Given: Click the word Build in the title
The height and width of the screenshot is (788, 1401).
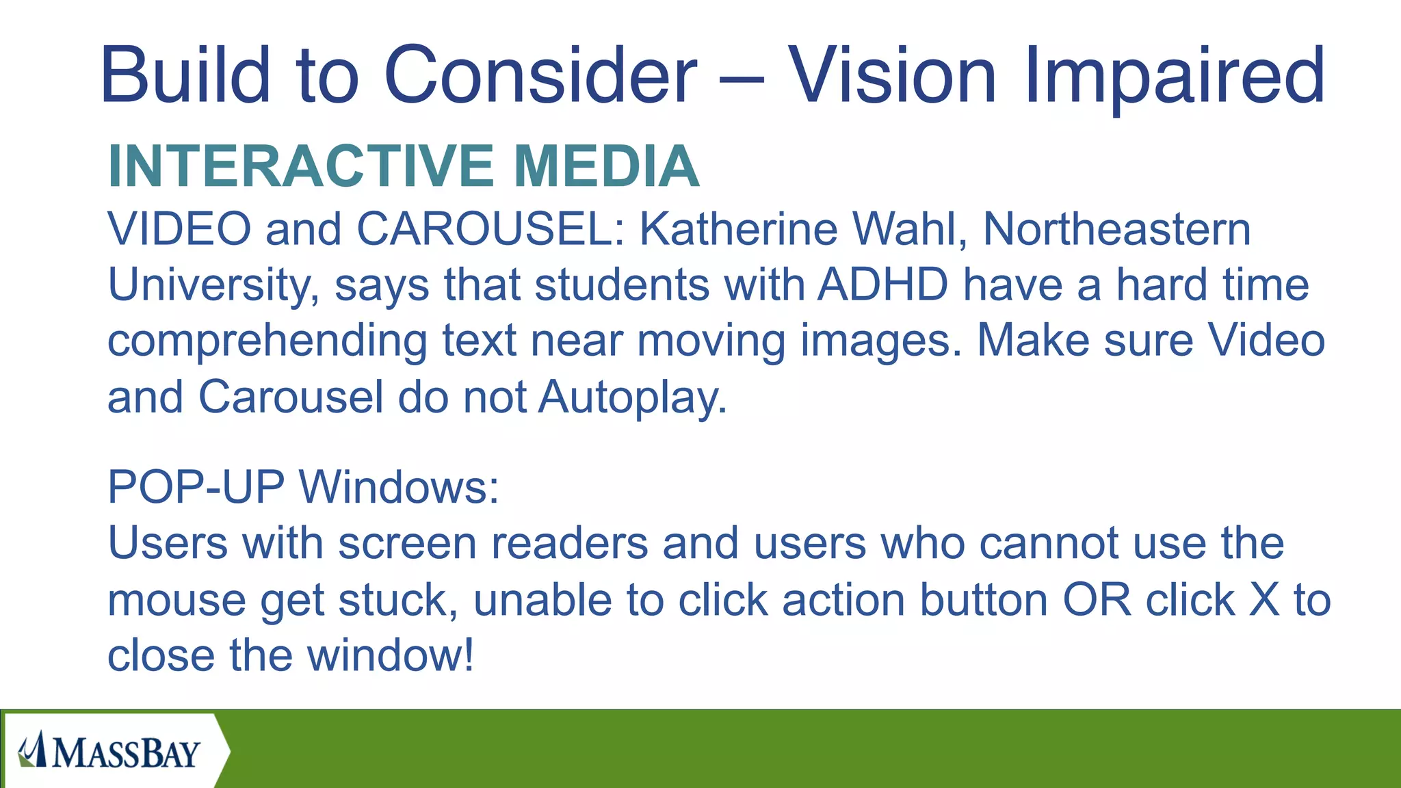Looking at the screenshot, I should (x=185, y=75).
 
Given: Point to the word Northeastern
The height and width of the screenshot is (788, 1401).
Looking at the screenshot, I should (x=1116, y=228).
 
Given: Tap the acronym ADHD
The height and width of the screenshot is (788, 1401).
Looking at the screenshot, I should (x=883, y=285).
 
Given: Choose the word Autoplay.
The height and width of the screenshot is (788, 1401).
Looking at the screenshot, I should (x=632, y=398).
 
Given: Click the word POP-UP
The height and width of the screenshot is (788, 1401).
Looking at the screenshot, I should (x=196, y=487).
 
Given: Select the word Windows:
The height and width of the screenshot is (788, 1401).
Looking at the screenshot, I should (x=400, y=487).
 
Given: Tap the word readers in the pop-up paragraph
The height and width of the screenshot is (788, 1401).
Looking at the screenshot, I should (x=569, y=543).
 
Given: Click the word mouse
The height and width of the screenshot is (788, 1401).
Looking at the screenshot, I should (x=176, y=601).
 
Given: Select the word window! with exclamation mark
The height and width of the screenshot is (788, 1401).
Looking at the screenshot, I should (x=391, y=655).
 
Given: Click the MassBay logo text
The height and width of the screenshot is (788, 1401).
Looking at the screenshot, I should (x=126, y=752).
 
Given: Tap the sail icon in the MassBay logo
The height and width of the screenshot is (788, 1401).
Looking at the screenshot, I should (x=33, y=750).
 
